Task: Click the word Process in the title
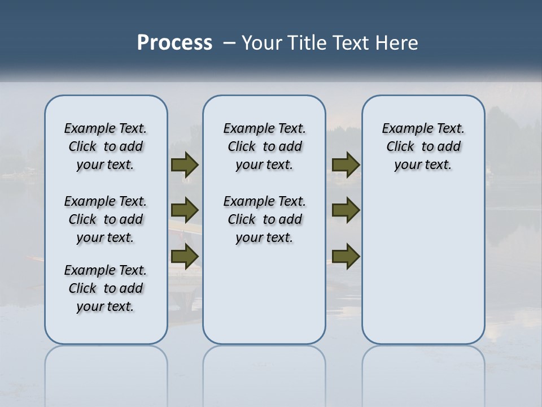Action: click(174, 43)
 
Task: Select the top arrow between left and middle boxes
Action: click(185, 165)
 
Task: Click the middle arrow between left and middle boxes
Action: click(185, 210)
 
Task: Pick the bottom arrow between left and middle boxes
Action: click(185, 256)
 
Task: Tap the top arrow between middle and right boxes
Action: click(346, 165)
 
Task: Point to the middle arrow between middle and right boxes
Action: click(346, 210)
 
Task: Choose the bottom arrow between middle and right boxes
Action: click(346, 256)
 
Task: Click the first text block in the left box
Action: click(106, 146)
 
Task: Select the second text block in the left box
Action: click(106, 219)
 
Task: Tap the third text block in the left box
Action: click(106, 288)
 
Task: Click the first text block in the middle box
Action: click(265, 146)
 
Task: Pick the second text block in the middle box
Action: click(265, 219)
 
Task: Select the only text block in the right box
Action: click(423, 146)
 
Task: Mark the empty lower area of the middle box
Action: click(264, 300)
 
